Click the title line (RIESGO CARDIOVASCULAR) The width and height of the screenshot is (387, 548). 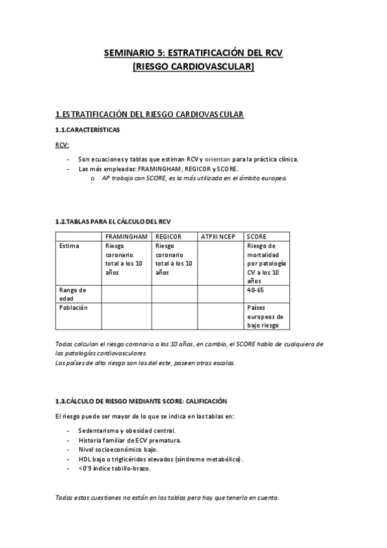click(193, 66)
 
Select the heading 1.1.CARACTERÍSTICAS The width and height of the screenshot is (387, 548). click(87, 129)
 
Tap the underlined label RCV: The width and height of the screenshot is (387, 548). click(62, 145)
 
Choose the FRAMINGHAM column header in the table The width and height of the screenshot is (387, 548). click(126, 237)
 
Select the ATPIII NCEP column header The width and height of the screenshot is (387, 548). click(218, 237)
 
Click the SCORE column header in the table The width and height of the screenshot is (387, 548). click(256, 237)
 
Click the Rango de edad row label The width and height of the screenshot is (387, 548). click(72, 294)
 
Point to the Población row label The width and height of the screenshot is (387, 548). click(73, 308)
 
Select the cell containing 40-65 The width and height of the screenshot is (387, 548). click(255, 290)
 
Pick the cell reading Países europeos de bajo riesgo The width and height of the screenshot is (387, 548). click(265, 317)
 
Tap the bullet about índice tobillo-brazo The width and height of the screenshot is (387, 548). click(114, 469)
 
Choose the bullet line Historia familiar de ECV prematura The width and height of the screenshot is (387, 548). click(129, 440)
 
